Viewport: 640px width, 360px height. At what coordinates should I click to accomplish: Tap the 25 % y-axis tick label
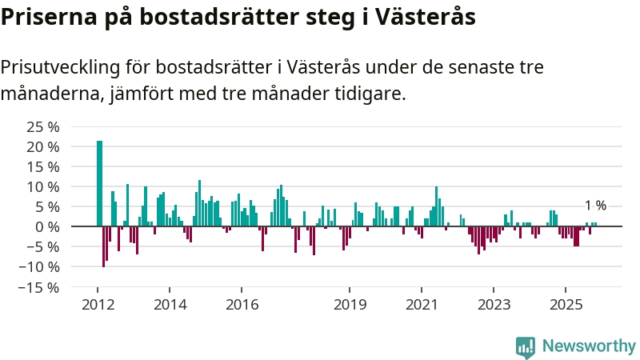tap(43, 127)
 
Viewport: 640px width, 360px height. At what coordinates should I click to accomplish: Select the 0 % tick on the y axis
tap(47, 226)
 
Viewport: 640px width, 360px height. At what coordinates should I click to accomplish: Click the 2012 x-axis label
tap(98, 305)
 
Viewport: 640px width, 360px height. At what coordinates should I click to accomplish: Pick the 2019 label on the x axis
tap(349, 305)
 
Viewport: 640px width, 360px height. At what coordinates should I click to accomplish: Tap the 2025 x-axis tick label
tap(566, 305)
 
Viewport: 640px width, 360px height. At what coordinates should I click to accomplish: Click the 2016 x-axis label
tap(242, 305)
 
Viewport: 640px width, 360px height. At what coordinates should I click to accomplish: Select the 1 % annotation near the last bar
tap(595, 206)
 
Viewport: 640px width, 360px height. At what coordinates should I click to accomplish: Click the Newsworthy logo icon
tap(526, 346)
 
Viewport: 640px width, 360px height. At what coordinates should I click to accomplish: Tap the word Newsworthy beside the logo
tap(589, 346)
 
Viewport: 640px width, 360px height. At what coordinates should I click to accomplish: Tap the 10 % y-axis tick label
tap(43, 186)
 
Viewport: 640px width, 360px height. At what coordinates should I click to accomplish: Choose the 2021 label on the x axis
tap(422, 305)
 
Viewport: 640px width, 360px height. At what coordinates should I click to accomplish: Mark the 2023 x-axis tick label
tap(494, 305)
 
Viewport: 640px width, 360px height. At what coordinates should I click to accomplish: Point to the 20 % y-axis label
tap(43, 147)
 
